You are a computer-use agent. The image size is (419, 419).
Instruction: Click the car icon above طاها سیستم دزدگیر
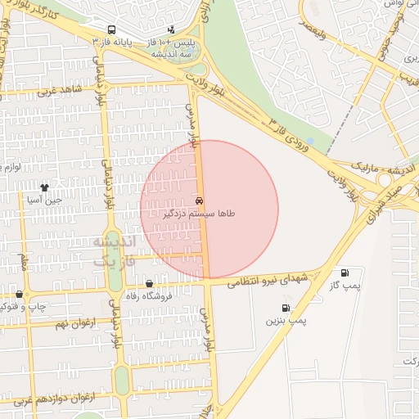(x=200, y=200)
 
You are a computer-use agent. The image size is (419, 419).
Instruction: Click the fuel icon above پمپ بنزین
(x=285, y=309)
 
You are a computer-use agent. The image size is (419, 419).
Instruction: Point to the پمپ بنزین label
(x=285, y=321)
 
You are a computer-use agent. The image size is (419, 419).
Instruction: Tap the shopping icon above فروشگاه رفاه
(x=149, y=283)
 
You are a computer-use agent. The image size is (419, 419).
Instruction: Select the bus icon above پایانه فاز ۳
(x=111, y=29)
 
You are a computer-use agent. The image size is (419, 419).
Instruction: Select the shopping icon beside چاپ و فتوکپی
(x=19, y=294)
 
